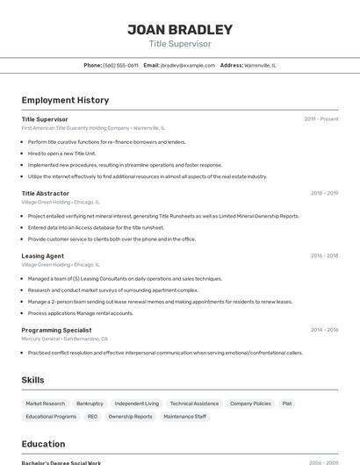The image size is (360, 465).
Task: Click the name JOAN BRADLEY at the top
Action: (180, 29)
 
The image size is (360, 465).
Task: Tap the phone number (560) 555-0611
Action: (120, 65)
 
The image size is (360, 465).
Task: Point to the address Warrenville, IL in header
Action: (260, 65)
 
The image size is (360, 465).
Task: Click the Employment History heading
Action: (65, 100)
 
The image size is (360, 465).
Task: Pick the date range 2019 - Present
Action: (321, 118)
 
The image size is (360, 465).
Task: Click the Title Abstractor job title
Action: (46, 193)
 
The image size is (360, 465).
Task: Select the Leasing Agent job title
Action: (43, 256)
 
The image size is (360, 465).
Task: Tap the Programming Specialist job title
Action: (57, 330)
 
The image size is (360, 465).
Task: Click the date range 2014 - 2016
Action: (324, 330)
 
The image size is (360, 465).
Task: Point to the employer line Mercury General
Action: (65, 339)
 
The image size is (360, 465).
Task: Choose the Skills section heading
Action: (33, 379)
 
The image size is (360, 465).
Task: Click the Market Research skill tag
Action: (46, 404)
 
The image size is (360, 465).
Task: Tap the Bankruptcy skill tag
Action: (90, 404)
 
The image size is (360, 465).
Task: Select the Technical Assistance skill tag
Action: (194, 404)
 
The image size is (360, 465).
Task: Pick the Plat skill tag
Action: (287, 404)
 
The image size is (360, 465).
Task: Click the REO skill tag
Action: (92, 417)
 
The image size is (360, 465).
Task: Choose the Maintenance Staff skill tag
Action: (184, 417)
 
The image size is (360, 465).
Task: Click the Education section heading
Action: (43, 444)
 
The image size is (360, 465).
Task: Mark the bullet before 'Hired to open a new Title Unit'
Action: (23, 153)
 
